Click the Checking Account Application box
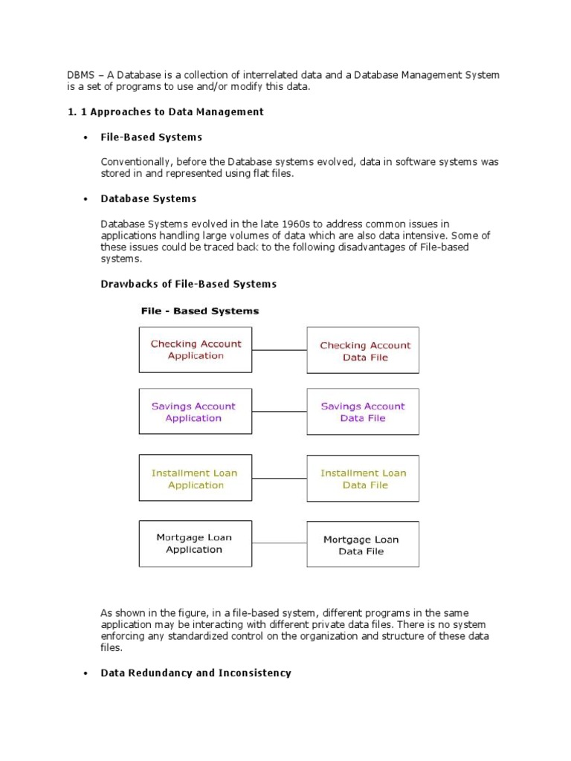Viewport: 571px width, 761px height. pos(196,349)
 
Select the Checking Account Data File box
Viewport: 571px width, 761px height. pos(364,350)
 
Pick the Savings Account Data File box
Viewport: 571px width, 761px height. pos(364,412)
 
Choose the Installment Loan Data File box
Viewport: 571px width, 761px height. pos(364,479)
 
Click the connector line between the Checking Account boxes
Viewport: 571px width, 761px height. pos(280,350)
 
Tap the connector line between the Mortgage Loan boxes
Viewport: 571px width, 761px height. pos(280,544)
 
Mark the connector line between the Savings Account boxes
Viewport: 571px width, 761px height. pos(280,412)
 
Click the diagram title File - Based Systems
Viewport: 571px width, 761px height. pos(200,311)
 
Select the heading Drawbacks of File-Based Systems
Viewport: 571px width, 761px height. pos(188,284)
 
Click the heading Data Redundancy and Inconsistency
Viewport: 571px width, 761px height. pos(196,673)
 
